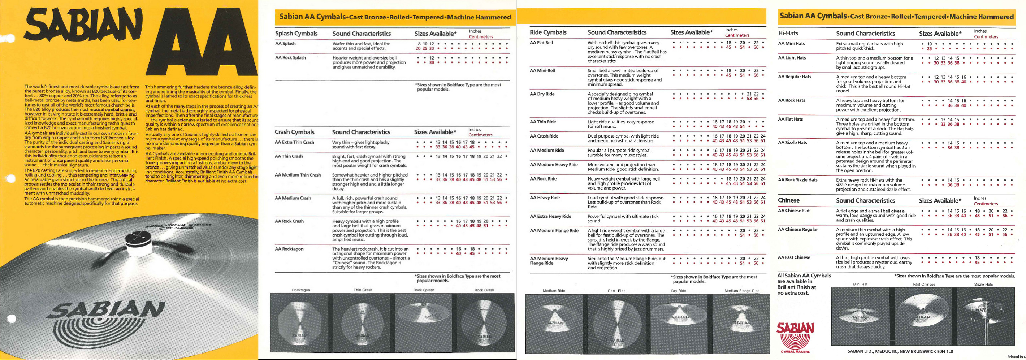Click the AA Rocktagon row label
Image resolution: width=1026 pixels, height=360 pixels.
tap(289, 249)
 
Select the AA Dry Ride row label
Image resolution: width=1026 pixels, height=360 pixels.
tap(542, 94)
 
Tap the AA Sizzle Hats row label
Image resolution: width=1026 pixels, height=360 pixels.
tap(793, 143)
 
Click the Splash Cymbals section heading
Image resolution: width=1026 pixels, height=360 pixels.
tap(296, 34)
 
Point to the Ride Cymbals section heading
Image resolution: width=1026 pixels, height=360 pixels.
tap(548, 32)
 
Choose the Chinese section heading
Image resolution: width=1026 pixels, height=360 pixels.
tap(789, 200)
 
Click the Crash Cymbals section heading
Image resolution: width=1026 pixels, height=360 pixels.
tap(294, 132)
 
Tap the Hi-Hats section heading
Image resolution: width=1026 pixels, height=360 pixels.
tap(788, 34)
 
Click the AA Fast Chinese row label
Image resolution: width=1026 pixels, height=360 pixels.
tap(794, 257)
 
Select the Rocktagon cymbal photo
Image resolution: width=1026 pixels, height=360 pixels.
tap(300, 322)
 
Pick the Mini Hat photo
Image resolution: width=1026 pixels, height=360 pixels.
tap(860, 317)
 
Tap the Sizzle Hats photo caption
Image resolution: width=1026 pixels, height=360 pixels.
tap(983, 284)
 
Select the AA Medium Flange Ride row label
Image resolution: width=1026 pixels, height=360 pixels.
tap(554, 231)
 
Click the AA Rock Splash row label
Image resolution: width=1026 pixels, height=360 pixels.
tap(290, 58)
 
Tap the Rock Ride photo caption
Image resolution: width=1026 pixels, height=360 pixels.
tap(616, 291)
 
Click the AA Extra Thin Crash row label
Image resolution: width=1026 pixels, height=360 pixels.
tap(294, 142)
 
